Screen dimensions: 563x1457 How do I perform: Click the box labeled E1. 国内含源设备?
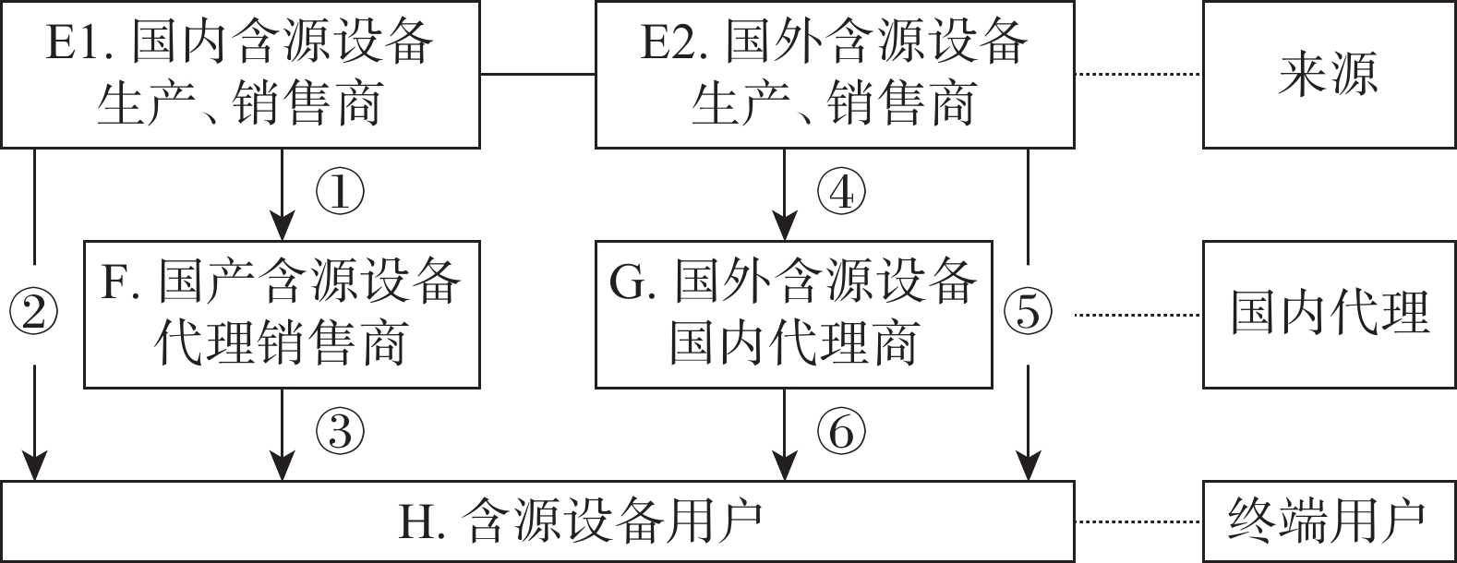[240, 74]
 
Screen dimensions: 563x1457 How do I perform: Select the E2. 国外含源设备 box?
[835, 74]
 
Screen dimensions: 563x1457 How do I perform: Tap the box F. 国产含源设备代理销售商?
[282, 314]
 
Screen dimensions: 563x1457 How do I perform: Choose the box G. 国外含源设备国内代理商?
[793, 314]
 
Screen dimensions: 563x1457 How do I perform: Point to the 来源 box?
[1329, 74]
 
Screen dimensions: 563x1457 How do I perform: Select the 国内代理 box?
[1329, 314]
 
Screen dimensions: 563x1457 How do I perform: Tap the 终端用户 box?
[1329, 521]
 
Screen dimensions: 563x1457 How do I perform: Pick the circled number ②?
[34, 314]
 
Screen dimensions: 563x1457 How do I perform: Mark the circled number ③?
[340, 431]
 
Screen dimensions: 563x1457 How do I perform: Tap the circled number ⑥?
[841, 431]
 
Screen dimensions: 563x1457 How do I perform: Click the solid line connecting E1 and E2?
[537, 73]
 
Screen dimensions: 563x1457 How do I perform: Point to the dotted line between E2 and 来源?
[1138, 73]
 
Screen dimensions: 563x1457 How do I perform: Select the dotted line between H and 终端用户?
[1138, 521]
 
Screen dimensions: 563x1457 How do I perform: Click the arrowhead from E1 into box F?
[282, 227]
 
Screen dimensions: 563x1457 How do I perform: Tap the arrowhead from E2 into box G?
[785, 227]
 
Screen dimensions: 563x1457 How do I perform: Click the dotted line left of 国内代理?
[1138, 315]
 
